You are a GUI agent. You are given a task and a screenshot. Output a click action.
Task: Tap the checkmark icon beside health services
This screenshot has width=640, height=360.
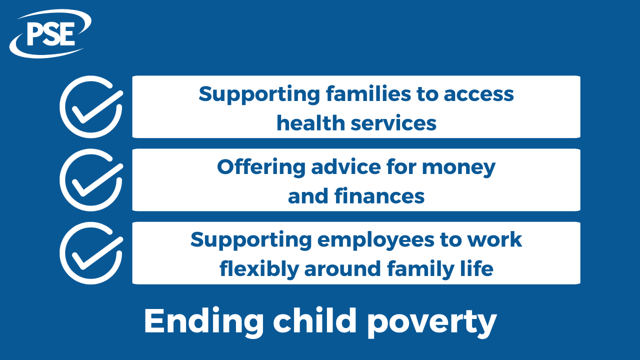click(91, 106)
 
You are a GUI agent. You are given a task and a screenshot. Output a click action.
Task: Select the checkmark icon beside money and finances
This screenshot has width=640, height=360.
click(91, 179)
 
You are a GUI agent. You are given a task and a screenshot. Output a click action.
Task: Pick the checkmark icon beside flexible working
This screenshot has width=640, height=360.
click(91, 253)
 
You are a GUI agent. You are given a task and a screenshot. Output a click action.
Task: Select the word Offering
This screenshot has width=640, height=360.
click(260, 167)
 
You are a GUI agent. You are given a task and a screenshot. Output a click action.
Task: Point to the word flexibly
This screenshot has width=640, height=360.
click(258, 269)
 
